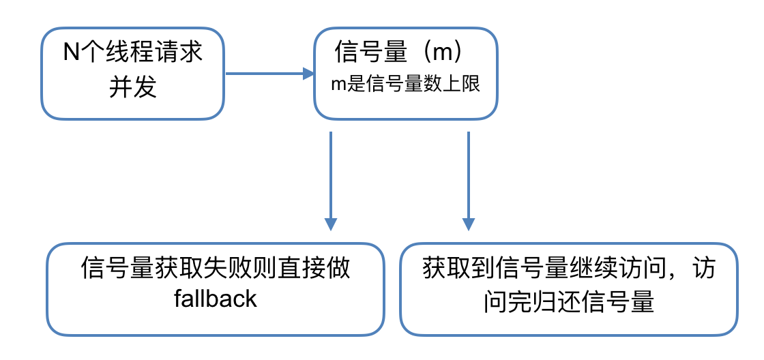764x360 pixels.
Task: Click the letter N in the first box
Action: (x=72, y=52)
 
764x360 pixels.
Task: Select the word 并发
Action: (x=133, y=87)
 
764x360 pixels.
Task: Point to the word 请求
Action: (x=179, y=52)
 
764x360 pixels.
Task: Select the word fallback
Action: (x=216, y=299)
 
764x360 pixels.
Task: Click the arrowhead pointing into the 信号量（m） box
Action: (x=308, y=73)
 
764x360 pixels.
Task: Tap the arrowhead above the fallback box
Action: (x=330, y=224)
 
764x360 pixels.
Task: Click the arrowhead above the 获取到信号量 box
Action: (x=468, y=224)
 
